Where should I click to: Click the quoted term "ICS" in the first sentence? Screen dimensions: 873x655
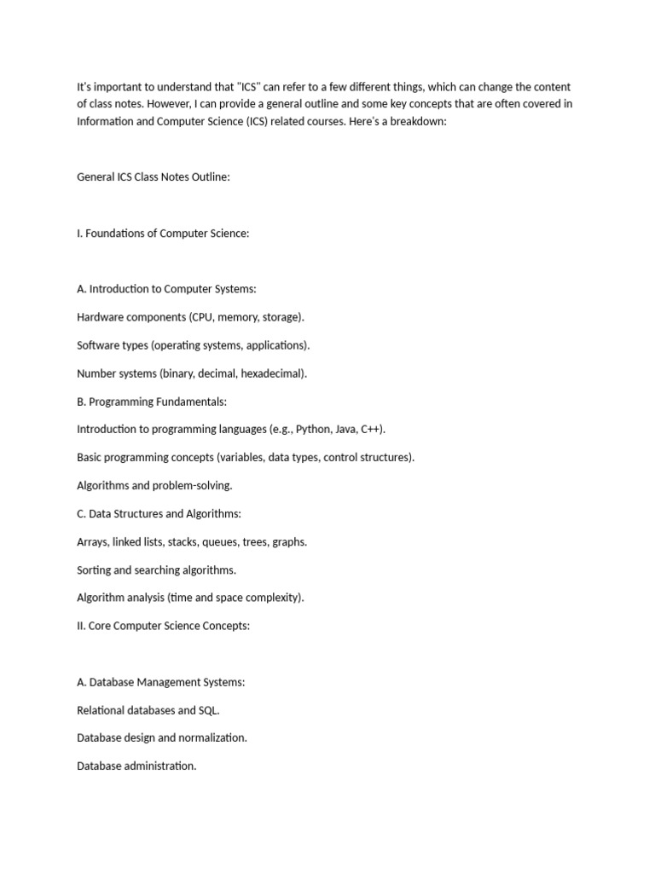pyautogui.click(x=247, y=87)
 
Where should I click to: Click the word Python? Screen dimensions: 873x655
pyautogui.click(x=313, y=430)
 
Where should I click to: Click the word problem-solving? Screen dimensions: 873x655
pyautogui.click(x=192, y=485)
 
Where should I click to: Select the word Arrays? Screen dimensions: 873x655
pyautogui.click(x=91, y=541)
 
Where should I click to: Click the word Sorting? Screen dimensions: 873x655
pyautogui.click(x=94, y=569)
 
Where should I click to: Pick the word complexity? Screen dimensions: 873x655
pyautogui.click(x=272, y=598)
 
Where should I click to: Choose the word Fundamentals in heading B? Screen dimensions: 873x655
pyautogui.click(x=193, y=402)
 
